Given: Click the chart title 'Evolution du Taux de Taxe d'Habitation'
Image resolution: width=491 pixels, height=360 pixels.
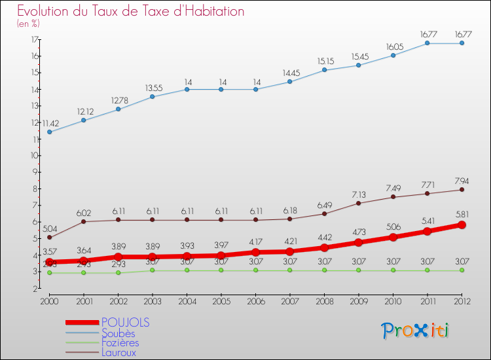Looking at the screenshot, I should [x=131, y=12].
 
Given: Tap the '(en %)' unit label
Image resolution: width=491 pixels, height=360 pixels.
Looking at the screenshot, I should [x=28, y=24].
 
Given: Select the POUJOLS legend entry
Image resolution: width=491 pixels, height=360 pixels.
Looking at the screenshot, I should [x=126, y=322].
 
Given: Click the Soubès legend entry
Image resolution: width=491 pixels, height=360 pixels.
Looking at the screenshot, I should [x=118, y=333].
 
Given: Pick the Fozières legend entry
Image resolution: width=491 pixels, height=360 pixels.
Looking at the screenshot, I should [x=120, y=342].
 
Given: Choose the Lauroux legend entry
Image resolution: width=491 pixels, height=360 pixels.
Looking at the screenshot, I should [x=119, y=352].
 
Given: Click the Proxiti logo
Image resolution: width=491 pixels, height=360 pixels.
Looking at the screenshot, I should [x=416, y=331].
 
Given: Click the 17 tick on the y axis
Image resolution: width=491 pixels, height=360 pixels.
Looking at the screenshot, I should [x=33, y=39].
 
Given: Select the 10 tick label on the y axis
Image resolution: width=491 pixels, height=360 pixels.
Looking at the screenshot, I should [x=33, y=156].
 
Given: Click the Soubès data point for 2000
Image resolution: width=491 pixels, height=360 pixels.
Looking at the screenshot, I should [x=49, y=132].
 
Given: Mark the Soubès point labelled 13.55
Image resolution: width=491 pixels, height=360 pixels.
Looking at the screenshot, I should [x=153, y=97].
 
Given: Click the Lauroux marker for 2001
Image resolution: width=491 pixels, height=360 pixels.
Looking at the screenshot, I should [x=84, y=221].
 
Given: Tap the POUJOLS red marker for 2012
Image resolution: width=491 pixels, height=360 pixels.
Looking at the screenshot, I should [x=462, y=225].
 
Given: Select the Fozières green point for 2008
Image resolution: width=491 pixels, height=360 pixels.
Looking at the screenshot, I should [x=324, y=270].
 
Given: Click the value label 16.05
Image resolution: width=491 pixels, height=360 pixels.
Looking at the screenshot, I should [x=393, y=47].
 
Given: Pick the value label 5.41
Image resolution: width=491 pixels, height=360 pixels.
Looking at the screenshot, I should [x=427, y=221].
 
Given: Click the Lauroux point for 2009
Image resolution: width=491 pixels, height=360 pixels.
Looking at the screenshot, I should [x=359, y=203].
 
